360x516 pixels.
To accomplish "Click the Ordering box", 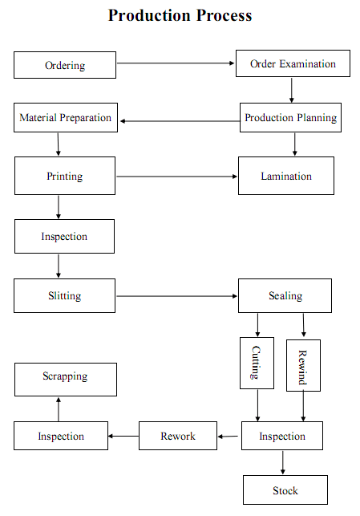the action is click(65, 65).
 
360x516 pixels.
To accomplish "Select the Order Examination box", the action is click(293, 63).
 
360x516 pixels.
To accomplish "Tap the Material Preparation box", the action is click(66, 117).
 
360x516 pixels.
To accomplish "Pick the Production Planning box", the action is click(290, 117).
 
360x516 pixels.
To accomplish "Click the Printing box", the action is click(65, 176).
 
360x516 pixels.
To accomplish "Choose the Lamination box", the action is click(286, 176).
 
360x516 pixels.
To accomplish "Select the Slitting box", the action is click(64, 295).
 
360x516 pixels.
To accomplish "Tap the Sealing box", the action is click(285, 295).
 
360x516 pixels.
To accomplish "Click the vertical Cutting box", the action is click(257, 363).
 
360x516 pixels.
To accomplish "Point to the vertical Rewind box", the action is click(303, 365).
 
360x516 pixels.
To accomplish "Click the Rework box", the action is click(178, 436).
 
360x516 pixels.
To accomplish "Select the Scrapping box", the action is click(66, 380).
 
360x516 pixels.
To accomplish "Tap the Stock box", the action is click(285, 490).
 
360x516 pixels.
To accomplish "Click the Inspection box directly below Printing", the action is click(64, 236).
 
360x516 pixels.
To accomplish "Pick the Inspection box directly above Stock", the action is click(282, 436).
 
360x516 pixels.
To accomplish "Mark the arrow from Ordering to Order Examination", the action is click(176, 63).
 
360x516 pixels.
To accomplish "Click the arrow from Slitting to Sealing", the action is click(176, 296).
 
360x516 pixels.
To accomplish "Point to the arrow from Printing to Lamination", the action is click(176, 177).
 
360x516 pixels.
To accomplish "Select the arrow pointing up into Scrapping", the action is click(59, 409).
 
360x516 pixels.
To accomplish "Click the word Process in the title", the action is click(224, 15).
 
